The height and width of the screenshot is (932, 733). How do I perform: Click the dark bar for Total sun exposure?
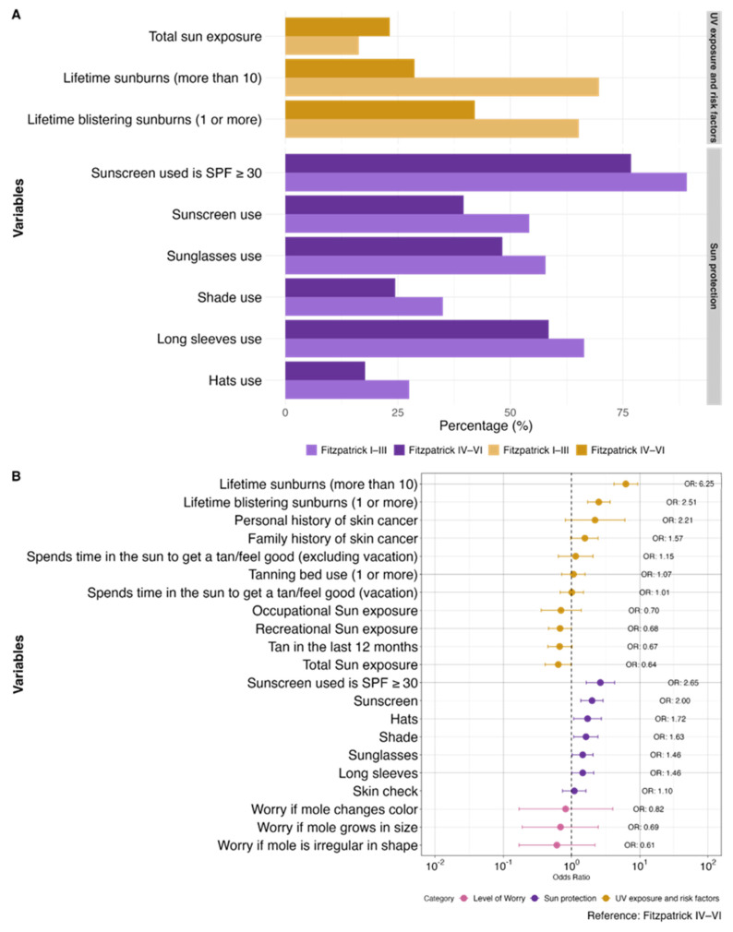[337, 27]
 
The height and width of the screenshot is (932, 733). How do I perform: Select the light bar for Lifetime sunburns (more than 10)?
[441, 87]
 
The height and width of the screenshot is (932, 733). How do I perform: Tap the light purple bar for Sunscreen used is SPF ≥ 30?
[486, 182]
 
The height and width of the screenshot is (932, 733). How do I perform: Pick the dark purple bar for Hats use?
[325, 370]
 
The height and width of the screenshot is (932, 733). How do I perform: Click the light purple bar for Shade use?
[364, 306]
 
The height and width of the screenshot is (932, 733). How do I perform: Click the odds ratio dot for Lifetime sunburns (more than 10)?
[625, 484]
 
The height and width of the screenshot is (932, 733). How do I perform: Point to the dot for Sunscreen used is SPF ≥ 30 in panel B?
[600, 683]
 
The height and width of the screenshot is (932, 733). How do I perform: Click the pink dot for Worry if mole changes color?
[565, 809]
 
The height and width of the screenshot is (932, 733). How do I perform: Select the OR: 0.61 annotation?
[642, 845]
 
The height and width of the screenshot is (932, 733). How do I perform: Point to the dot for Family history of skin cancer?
[584, 538]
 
